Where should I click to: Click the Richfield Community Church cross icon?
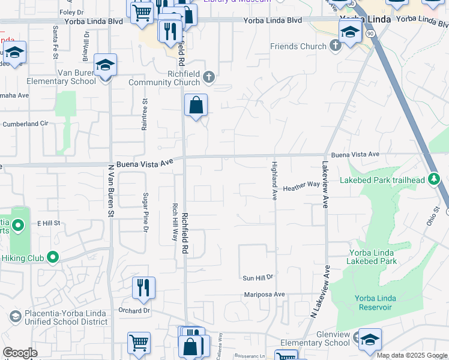pyautogui.click(x=209, y=77)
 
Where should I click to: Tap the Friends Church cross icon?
pyautogui.click(x=335, y=46)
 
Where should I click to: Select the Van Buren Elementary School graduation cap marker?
pyautogui.click(x=105, y=65)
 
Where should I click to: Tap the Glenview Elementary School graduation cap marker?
pyautogui.click(x=370, y=339)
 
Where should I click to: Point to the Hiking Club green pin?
pyautogui.click(x=53, y=257)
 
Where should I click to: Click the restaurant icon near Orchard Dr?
pyautogui.click(x=143, y=288)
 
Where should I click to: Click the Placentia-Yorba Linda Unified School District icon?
pyautogui.click(x=15, y=316)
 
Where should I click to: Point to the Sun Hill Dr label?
pyautogui.click(x=258, y=278)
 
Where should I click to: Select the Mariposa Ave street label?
pyautogui.click(x=264, y=295)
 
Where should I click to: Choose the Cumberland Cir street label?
pyautogui.click(x=25, y=124)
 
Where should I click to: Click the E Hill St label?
pyautogui.click(x=49, y=223)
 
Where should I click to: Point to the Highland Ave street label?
pyautogui.click(x=274, y=180)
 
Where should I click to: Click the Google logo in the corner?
pyautogui.click(x=20, y=353)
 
